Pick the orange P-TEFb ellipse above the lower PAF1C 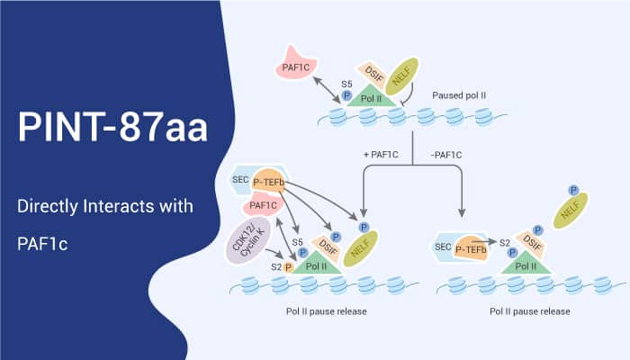(276, 183)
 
